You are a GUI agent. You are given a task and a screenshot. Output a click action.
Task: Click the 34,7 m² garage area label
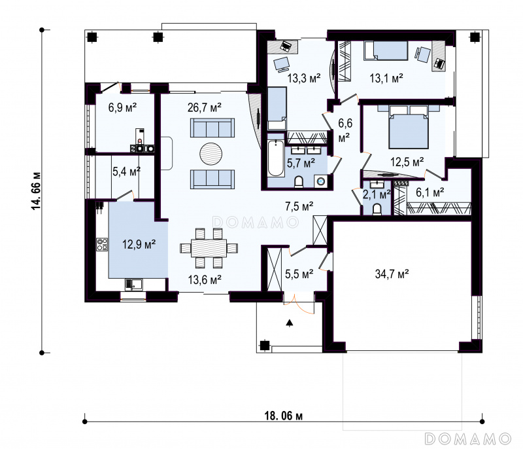(392, 274)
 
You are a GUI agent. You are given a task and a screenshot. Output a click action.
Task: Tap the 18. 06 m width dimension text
(284, 416)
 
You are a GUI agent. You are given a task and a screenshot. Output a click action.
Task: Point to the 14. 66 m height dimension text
(36, 191)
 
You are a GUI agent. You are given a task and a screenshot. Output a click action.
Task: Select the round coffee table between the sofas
(211, 154)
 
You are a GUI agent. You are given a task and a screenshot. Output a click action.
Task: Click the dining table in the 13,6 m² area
(209, 248)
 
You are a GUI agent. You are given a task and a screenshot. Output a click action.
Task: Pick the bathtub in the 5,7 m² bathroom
(275, 158)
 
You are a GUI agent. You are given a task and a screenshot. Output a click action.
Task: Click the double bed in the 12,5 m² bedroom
(409, 127)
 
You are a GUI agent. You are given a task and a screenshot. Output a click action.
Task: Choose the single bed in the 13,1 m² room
(386, 51)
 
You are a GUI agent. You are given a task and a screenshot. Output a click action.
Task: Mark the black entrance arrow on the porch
(290, 323)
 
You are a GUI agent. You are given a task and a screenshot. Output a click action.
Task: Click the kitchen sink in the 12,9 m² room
(133, 285)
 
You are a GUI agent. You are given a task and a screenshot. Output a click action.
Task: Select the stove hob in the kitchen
(102, 244)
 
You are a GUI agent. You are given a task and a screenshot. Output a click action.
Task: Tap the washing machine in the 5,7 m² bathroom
(320, 181)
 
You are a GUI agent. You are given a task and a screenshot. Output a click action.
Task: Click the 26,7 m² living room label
(205, 107)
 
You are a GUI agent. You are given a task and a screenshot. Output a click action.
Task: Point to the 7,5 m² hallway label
(299, 207)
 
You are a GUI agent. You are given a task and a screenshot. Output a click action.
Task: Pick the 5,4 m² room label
(126, 171)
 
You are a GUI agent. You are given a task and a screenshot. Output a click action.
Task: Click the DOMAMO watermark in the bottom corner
(468, 439)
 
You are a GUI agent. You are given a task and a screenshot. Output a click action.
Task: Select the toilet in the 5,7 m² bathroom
(299, 182)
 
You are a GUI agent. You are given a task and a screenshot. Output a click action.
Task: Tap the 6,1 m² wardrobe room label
(430, 192)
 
